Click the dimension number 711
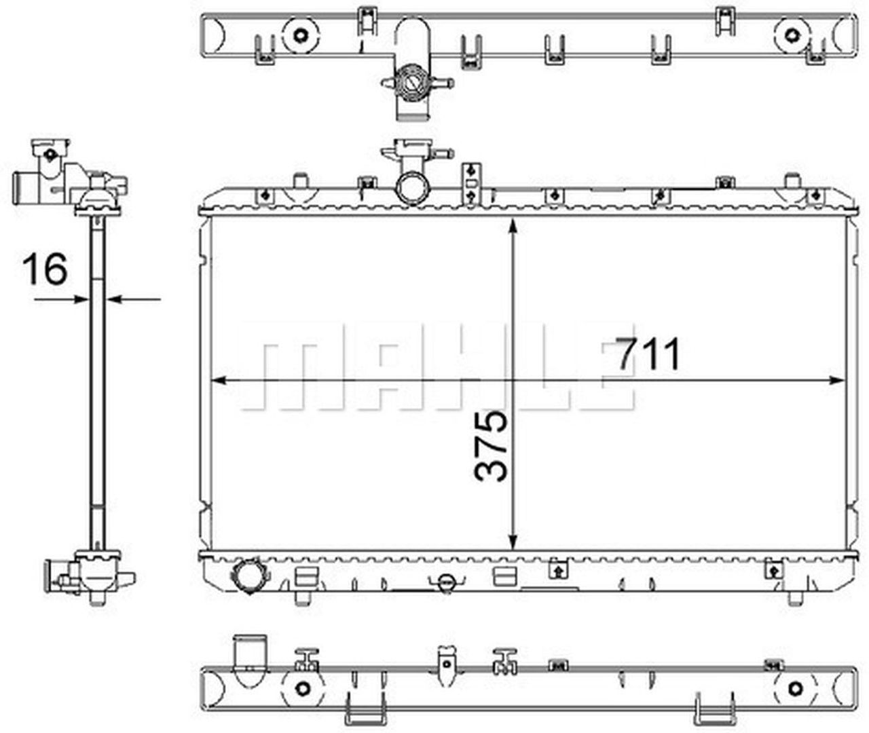(648, 354)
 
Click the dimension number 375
(491, 447)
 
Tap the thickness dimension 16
(45, 269)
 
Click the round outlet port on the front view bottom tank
(248, 577)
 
